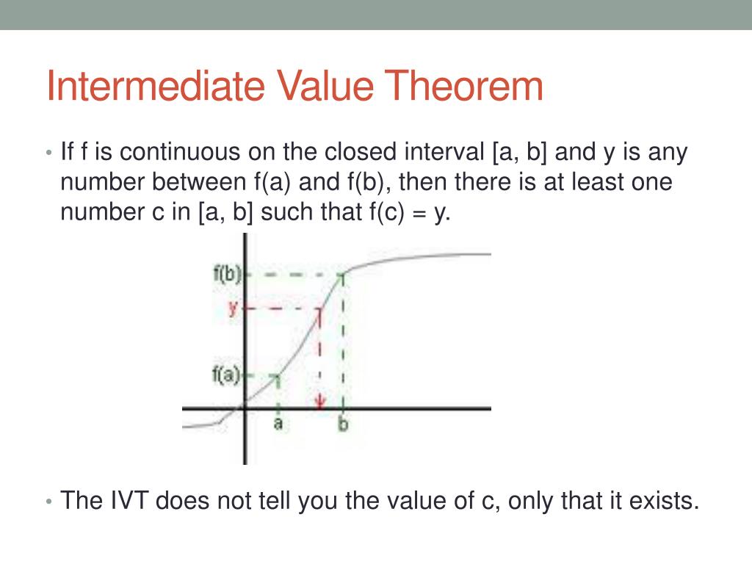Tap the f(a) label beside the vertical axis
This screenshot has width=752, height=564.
(225, 375)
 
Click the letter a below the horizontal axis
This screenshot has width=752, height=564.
(278, 424)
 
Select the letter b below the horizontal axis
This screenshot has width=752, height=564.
(343, 424)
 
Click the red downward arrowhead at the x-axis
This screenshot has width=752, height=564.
(320, 402)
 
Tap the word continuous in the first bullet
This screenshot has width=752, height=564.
(176, 153)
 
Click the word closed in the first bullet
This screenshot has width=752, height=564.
(362, 153)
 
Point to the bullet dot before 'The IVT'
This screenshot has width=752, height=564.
(48, 502)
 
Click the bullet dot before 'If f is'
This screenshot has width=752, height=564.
(48, 154)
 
